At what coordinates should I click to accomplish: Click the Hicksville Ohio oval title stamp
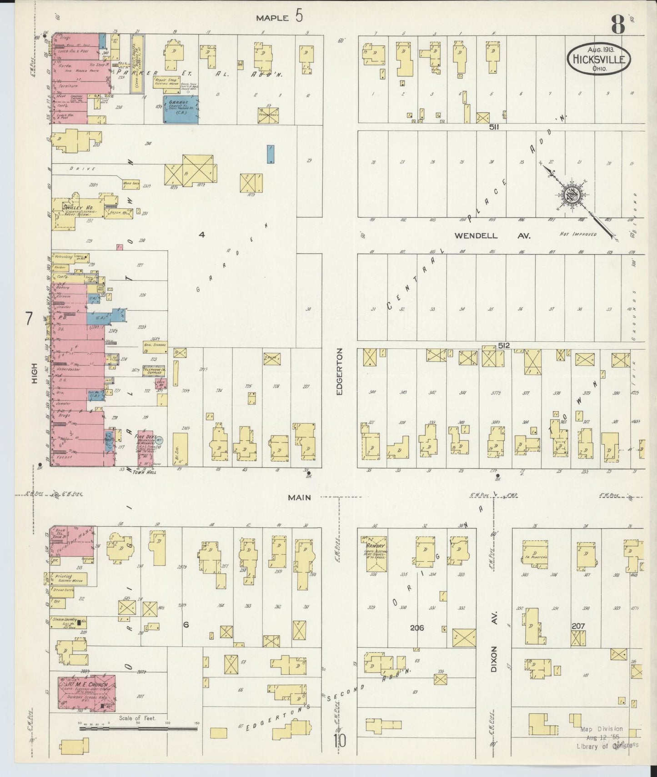pos(599,59)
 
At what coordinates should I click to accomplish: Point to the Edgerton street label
pos(339,372)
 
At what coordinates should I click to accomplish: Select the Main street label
pos(299,498)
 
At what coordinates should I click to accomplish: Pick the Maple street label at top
pos(272,18)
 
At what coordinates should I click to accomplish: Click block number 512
pos(504,345)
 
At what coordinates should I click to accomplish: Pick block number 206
pos(416,628)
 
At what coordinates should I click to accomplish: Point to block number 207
pos(578,626)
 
